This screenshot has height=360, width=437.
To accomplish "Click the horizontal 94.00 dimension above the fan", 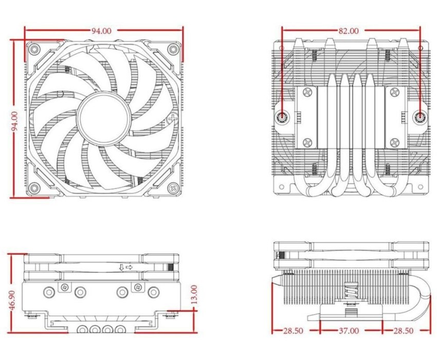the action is pyautogui.click(x=101, y=31).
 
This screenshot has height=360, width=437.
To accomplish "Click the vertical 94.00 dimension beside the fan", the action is pyautogui.click(x=14, y=121).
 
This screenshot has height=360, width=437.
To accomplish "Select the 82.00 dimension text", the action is pyautogui.click(x=349, y=31).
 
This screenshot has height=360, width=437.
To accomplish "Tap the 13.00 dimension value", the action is pyautogui.click(x=194, y=294).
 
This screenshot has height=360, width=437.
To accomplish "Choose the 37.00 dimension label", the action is pyautogui.click(x=349, y=331).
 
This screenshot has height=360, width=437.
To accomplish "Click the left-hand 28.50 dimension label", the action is pyautogui.click(x=293, y=331).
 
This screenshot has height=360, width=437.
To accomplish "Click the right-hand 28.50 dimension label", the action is pyautogui.click(x=403, y=331).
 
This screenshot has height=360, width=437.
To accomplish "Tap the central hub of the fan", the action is pyautogui.click(x=104, y=119).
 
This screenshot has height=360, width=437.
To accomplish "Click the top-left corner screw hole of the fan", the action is pyautogui.click(x=34, y=49).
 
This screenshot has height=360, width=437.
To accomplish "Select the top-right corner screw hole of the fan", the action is pyautogui.click(x=173, y=49).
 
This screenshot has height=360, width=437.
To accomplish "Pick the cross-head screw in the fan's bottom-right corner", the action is pyautogui.click(x=173, y=187).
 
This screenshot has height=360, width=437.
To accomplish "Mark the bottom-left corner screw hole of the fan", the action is pyautogui.click(x=34, y=187).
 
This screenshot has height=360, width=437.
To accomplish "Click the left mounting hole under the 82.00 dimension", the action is pyautogui.click(x=282, y=117).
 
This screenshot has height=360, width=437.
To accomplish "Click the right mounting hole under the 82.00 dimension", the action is pyautogui.click(x=420, y=117).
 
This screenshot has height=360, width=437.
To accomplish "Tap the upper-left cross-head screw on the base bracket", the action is pyautogui.click(x=307, y=92).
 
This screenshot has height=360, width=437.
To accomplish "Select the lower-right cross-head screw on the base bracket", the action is pyautogui.click(x=394, y=142).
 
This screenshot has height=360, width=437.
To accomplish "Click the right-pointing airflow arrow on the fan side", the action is pyautogui.click(x=129, y=267).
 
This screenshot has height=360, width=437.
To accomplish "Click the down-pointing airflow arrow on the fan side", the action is pyautogui.click(x=121, y=267).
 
